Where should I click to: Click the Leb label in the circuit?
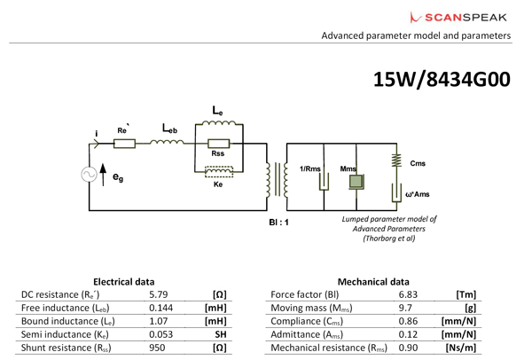pos(170,129)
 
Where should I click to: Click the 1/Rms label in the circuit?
pos(311,168)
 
